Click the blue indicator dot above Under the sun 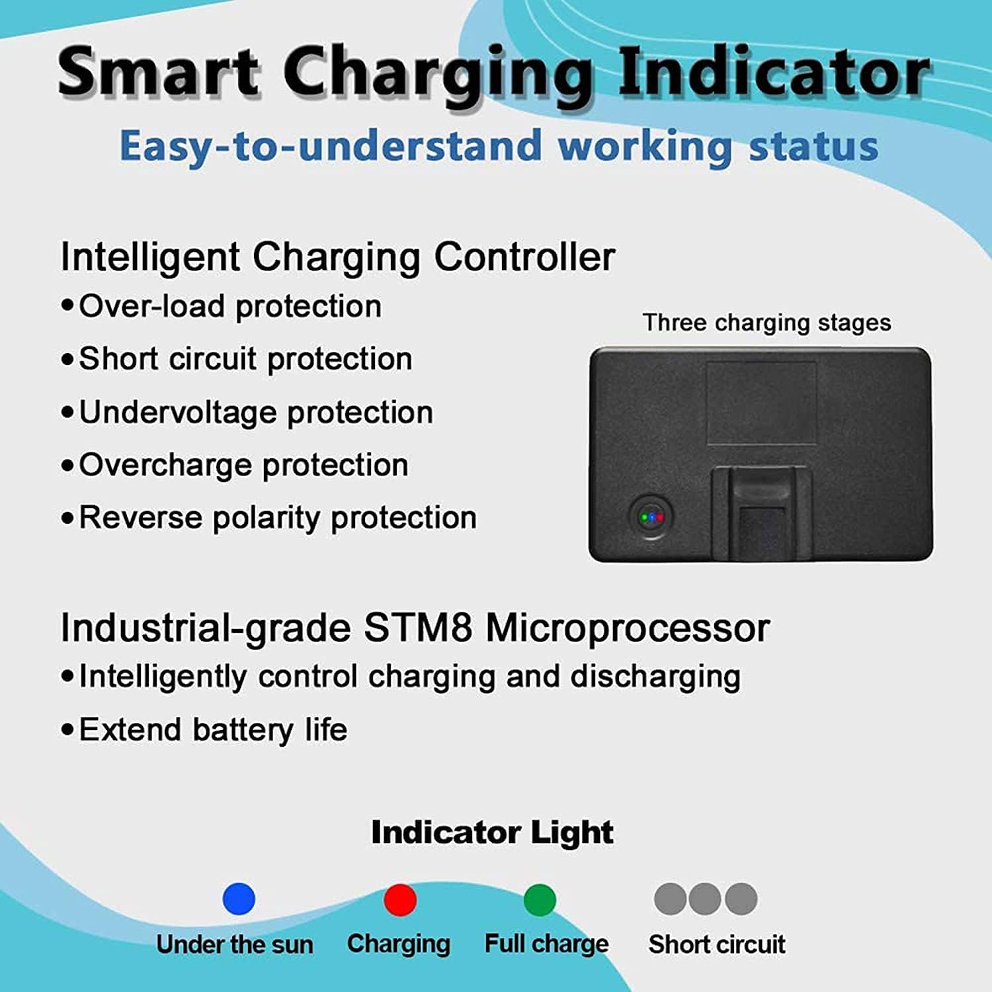coord(239,899)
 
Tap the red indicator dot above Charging coord(400,899)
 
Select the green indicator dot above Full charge coord(540,899)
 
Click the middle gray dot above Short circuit coord(705,899)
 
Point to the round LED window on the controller coord(651,517)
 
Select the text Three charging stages coord(766,323)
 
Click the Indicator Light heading coord(492,832)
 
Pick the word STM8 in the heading coord(418,628)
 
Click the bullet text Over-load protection coord(230,306)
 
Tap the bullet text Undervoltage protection coord(256,412)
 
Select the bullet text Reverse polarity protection coord(278,517)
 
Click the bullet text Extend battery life coord(213,729)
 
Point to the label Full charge coord(546,944)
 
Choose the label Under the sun coord(235,944)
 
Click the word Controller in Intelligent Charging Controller coord(524,257)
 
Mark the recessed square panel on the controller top coord(761,403)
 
